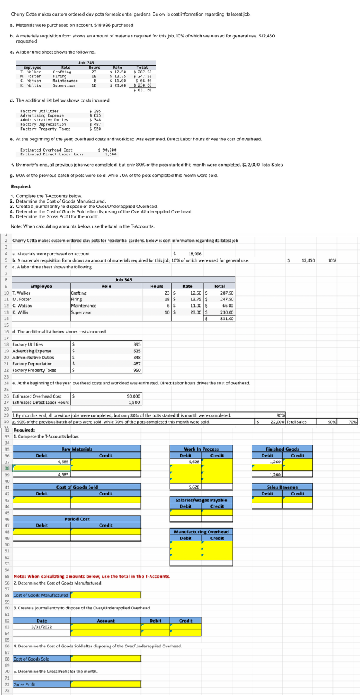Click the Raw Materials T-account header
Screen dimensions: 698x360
(x=77, y=448)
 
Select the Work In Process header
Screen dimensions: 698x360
(x=201, y=448)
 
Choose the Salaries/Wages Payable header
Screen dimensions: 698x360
(x=201, y=500)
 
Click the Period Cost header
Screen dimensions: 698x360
(x=77, y=537)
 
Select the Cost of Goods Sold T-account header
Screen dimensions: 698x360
(x=77, y=487)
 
